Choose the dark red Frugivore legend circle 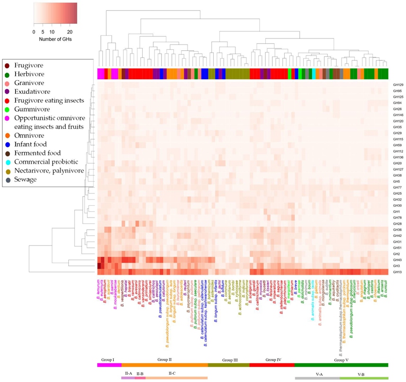click(x=7, y=65)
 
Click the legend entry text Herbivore click(x=29, y=74)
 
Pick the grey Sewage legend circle click(x=7, y=180)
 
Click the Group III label click(x=229, y=360)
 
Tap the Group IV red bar click(x=271, y=365)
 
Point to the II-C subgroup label click(x=172, y=373)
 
